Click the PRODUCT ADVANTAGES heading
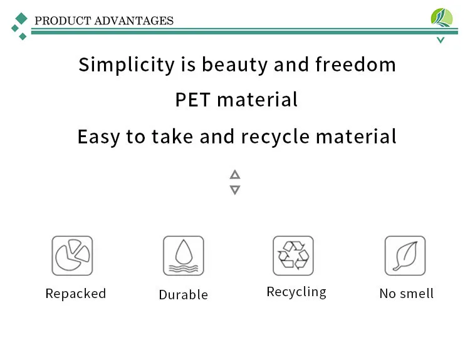[104, 21]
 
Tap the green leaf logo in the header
[442, 18]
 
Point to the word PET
[193, 100]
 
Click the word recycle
[275, 137]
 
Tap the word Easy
[98, 137]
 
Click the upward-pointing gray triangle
[235, 175]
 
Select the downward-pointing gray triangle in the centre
[235, 190]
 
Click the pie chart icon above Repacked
[72, 255]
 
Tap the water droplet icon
[184, 255]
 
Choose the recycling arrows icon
[293, 255]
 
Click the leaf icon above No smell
[405, 255]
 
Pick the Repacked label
[76, 294]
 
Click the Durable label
[184, 295]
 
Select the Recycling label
[296, 292]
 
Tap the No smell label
[407, 294]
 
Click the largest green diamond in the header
[21, 19]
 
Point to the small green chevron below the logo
[441, 40]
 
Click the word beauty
[235, 64]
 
